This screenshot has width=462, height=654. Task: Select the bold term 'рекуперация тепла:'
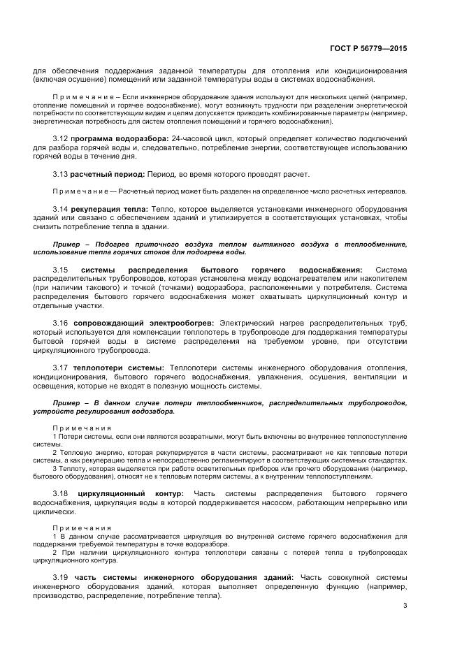[110, 208]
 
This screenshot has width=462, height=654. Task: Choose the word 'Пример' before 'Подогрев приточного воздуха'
[67, 242]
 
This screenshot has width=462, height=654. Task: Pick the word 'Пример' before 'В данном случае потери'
[67, 402]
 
